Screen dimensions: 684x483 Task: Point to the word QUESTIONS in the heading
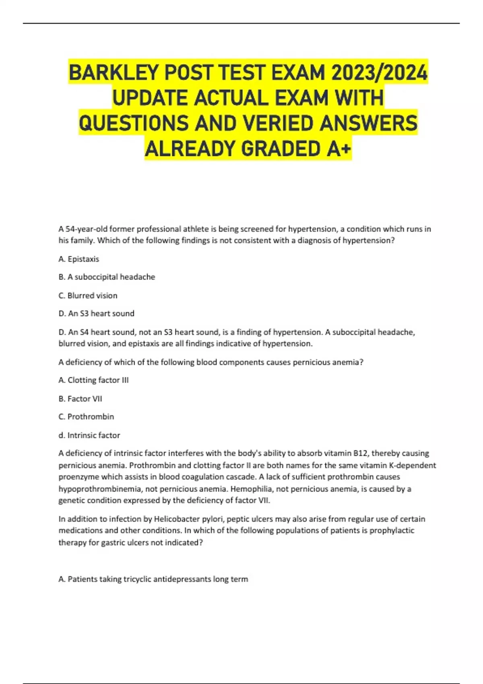pyautogui.click(x=134, y=123)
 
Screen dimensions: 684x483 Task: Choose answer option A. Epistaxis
pyautogui.click(x=78, y=259)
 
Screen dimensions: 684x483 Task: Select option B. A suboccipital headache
pyautogui.click(x=107, y=277)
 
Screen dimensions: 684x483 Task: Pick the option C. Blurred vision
pyautogui.click(x=88, y=296)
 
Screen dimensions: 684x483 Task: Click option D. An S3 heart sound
pyautogui.click(x=96, y=313)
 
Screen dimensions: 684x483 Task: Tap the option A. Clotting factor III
pyautogui.click(x=93, y=380)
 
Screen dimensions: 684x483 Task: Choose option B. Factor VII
pyautogui.click(x=80, y=399)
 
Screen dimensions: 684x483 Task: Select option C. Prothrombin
pyautogui.click(x=86, y=417)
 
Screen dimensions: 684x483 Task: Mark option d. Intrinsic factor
pyautogui.click(x=89, y=435)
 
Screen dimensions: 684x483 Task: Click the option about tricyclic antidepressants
pyautogui.click(x=153, y=579)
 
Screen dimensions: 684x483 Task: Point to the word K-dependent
pyautogui.click(x=412, y=466)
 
